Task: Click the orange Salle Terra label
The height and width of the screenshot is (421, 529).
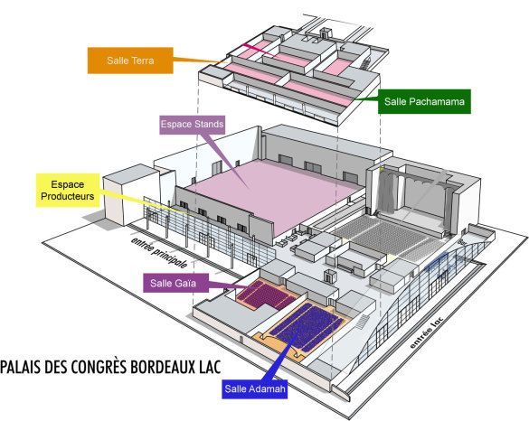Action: pos(130,61)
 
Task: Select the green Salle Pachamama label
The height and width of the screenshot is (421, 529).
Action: pos(424,101)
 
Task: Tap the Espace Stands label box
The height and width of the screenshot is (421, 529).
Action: pos(192,125)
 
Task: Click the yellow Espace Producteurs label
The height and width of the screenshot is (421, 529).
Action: pos(68,191)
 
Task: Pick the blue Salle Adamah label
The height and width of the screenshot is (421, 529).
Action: pos(255,389)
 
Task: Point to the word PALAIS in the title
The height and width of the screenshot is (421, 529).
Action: pos(21,367)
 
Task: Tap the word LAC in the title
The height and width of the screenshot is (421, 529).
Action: pos(210,367)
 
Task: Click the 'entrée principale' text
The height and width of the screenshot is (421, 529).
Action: pos(159,252)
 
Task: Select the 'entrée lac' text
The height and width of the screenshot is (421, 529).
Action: pos(426,333)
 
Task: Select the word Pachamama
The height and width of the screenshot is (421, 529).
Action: pos(437,101)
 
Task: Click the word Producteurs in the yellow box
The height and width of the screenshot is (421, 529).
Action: pos(68,196)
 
